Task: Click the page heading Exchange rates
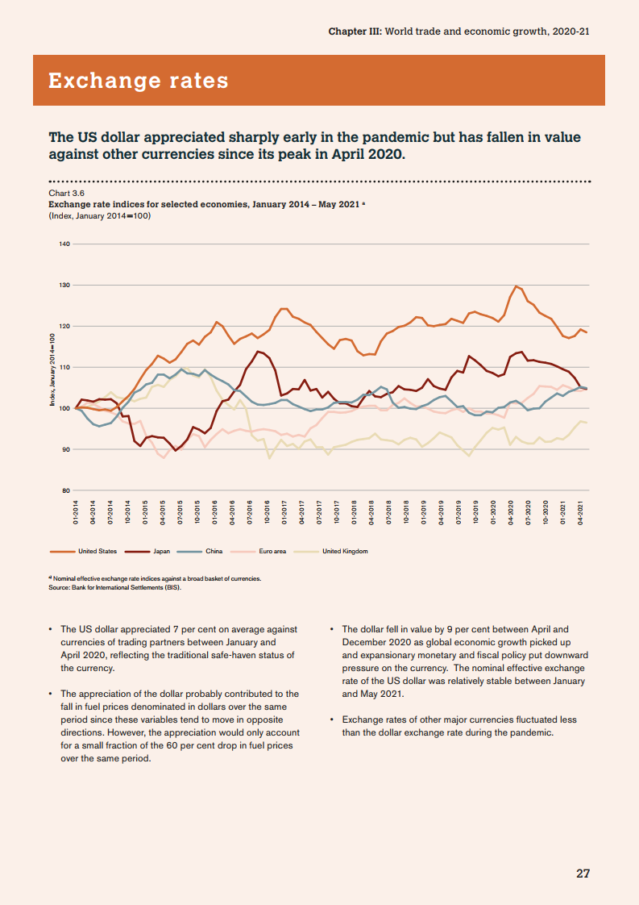coord(138,81)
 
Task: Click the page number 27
coord(583,873)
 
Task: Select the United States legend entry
coord(97,551)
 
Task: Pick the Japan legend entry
coord(161,551)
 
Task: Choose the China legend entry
coord(214,551)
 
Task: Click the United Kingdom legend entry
coord(344,551)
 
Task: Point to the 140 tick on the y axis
coord(65,244)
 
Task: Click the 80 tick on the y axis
coord(65,490)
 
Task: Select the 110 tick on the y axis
coord(65,367)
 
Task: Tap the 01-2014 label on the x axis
coord(76,512)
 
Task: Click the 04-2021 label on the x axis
coord(580,512)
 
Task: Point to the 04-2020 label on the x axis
coord(510,512)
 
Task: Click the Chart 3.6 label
coord(67,194)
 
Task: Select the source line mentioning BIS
coord(115,586)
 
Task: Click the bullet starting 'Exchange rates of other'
coord(459,726)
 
